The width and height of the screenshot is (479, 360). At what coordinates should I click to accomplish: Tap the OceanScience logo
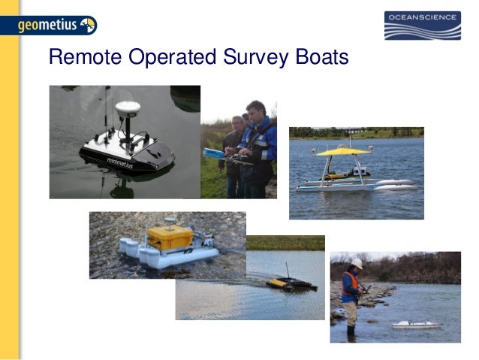(422, 26)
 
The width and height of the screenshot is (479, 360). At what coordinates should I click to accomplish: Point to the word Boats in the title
(318, 58)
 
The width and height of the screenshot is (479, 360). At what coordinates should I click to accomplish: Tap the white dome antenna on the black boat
(128, 109)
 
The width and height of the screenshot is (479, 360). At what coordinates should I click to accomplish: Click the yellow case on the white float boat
(170, 237)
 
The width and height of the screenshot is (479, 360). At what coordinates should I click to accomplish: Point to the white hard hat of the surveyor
(357, 264)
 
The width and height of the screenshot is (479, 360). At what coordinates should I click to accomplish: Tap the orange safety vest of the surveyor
(350, 283)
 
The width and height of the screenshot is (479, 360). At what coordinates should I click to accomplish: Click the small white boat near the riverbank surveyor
(417, 325)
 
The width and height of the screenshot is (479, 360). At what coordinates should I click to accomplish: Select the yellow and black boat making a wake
(291, 285)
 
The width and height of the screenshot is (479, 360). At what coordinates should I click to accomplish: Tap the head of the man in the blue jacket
(255, 109)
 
